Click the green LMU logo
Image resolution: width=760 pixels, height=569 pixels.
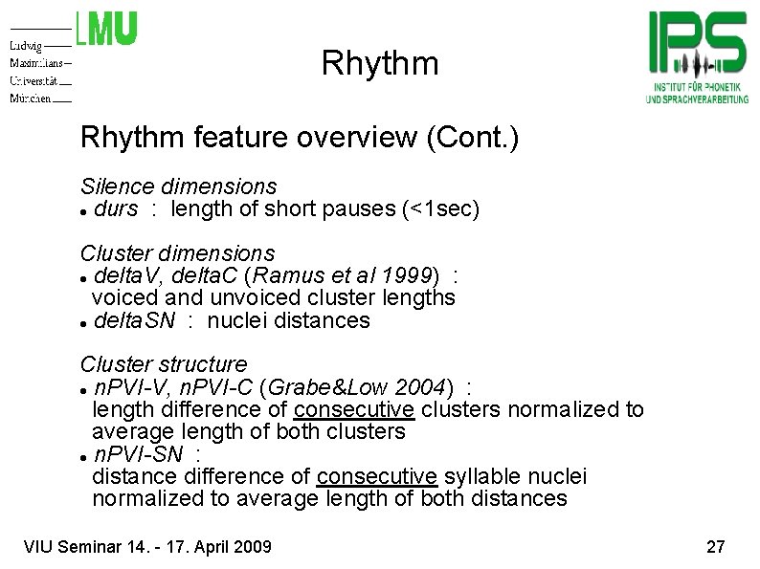(x=106, y=29)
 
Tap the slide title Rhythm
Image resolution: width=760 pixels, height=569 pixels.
(x=380, y=64)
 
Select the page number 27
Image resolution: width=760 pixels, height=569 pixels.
(x=715, y=548)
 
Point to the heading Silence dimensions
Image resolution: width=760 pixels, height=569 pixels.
(x=178, y=186)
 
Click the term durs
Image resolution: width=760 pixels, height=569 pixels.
(x=117, y=208)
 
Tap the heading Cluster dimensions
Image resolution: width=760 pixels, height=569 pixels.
(x=177, y=254)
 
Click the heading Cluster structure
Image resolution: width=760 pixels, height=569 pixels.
(x=164, y=364)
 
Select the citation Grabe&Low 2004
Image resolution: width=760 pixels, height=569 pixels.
(x=360, y=387)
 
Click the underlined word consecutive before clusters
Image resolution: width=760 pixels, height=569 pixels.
(x=354, y=410)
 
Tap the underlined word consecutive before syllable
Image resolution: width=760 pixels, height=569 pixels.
(x=376, y=476)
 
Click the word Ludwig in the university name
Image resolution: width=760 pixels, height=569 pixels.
(x=27, y=46)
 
